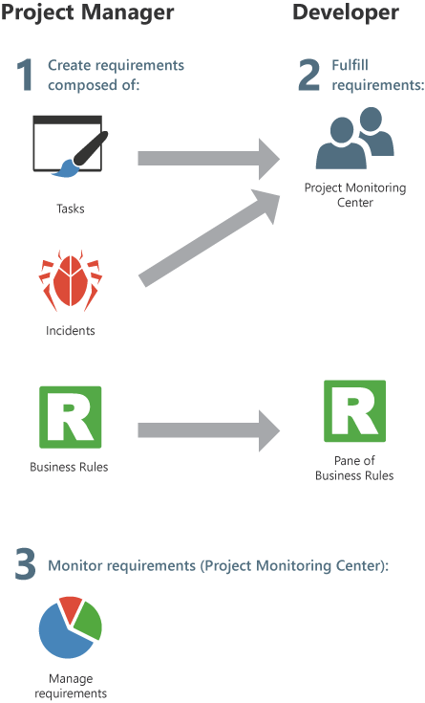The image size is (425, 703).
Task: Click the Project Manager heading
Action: coord(87,13)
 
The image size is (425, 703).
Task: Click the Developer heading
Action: coord(346,12)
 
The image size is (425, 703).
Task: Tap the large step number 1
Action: coord(26,76)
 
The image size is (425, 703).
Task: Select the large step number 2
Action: coord(309,76)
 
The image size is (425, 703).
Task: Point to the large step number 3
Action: coord(26,563)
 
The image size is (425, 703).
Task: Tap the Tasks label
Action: coord(71,209)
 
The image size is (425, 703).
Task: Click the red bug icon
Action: coord(71,280)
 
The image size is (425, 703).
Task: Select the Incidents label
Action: coord(71,330)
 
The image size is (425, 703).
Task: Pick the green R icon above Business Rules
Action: coord(71,417)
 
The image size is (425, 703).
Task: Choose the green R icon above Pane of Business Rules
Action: coord(354,411)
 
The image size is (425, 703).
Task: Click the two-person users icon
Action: coord(354,138)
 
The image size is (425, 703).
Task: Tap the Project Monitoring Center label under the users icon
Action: coord(355,194)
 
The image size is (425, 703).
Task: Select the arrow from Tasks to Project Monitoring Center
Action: coord(209,159)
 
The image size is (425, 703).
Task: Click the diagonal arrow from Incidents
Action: coord(209,237)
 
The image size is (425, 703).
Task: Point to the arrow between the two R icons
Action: coord(209,430)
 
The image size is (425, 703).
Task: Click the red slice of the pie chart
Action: coord(71,609)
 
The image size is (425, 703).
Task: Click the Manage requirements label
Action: coord(71,686)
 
